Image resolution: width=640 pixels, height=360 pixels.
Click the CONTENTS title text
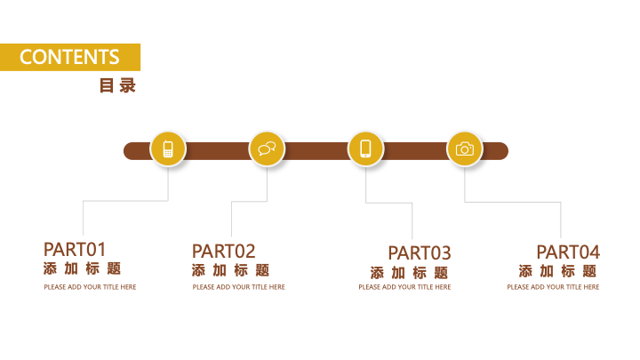[x=69, y=57]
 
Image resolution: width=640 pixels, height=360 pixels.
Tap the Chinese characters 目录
[x=117, y=85]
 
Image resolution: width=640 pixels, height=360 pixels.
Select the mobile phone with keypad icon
[x=168, y=149]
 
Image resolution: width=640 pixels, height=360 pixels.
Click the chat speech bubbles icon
[x=267, y=149]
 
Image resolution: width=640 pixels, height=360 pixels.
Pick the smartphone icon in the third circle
[x=365, y=148]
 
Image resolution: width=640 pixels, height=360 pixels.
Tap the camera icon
[x=465, y=149]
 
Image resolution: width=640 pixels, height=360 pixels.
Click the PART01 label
[x=75, y=250]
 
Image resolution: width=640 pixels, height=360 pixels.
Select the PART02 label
[x=224, y=252]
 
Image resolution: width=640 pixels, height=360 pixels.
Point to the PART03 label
[x=420, y=253]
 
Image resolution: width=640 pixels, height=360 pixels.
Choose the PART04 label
[x=568, y=252]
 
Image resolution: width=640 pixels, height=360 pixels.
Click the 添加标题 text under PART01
[x=82, y=268]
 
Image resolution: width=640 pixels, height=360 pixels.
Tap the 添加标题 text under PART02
[x=230, y=270]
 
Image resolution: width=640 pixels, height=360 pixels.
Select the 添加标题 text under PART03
[x=410, y=273]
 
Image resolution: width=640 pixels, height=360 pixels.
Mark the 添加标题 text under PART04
[x=558, y=271]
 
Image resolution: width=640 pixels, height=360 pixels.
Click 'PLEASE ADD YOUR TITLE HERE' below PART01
[x=90, y=287]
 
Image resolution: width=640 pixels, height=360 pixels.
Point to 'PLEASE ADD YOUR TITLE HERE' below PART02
[x=239, y=287]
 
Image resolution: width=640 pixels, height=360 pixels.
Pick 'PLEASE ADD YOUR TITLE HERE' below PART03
[x=405, y=287]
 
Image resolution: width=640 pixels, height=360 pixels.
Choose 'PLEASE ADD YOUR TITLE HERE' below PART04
[x=554, y=287]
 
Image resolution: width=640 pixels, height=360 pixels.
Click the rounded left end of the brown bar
[x=125, y=151]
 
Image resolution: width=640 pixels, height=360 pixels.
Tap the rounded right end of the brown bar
[x=507, y=151]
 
